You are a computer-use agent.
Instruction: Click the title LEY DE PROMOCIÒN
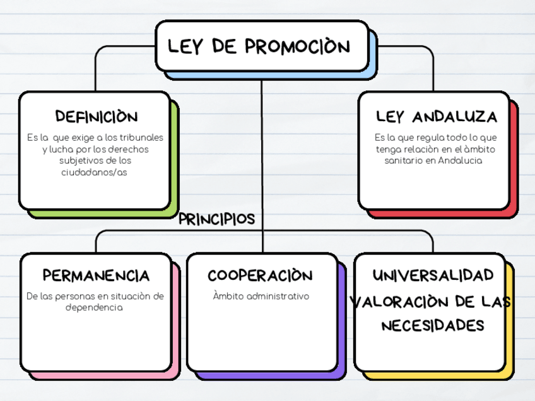coord(259,46)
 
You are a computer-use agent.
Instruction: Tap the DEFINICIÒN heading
coord(96,117)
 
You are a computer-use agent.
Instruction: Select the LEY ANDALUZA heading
coord(436,117)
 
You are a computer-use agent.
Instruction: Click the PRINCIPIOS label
coord(216,219)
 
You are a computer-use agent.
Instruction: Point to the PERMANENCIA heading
coord(96,276)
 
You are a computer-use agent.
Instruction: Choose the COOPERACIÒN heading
coord(260,276)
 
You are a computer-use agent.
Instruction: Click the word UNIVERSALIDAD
coord(433,276)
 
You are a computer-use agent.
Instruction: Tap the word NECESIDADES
coord(433,325)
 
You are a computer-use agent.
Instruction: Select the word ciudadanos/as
coord(94,172)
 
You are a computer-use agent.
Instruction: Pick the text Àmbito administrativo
coord(261,296)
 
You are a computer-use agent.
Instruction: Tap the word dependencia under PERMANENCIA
coord(94,308)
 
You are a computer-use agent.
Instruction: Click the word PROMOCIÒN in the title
coord(297,46)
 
